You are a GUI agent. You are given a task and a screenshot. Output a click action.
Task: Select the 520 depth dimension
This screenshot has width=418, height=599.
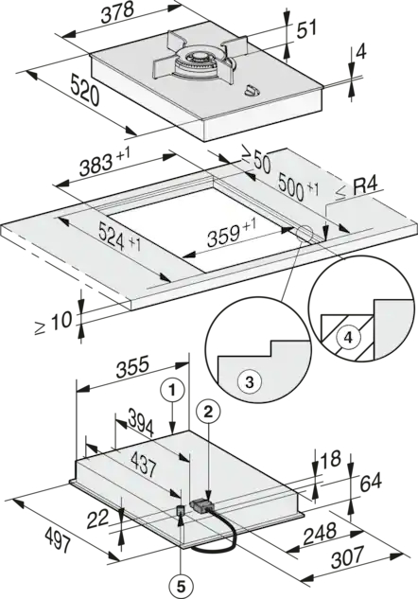point(85,91)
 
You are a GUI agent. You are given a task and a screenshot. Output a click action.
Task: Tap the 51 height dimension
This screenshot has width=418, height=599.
point(307,28)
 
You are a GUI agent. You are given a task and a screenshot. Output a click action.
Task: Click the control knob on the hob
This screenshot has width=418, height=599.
point(251,91)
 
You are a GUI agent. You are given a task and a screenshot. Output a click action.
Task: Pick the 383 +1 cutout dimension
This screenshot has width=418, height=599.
point(105,162)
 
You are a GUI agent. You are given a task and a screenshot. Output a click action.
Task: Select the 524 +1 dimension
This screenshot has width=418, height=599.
point(119,237)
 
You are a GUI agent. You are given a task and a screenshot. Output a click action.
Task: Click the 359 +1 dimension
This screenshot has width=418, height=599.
point(232,232)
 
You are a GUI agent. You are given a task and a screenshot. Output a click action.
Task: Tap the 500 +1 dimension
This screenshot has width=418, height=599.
point(298,186)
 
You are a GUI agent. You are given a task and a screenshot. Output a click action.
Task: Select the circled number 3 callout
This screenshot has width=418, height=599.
point(249,381)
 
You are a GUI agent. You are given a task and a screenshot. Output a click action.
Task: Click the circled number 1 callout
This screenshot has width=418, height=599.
point(172,391)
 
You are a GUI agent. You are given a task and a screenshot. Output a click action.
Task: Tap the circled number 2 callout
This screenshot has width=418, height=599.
point(208,412)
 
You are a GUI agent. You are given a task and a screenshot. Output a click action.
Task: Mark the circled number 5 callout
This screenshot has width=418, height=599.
point(181,585)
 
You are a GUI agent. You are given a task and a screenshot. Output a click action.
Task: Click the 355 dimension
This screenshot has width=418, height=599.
point(132,367)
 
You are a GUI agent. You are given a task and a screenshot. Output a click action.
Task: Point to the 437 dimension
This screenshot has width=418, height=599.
point(143,464)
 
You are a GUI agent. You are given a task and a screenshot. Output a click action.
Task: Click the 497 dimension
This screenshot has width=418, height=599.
point(58,538)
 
